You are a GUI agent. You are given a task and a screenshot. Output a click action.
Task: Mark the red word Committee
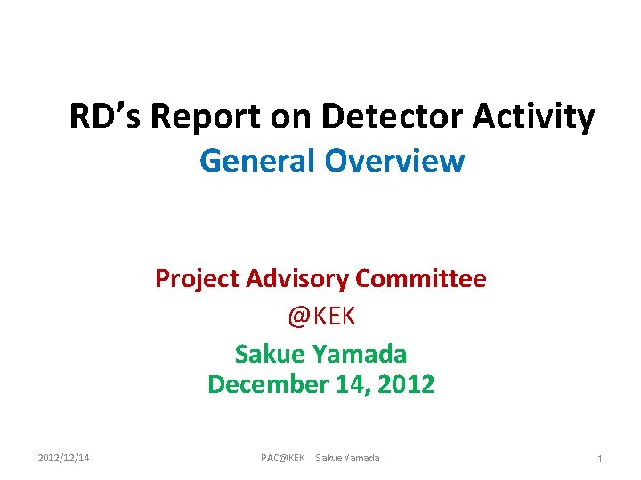point(422,279)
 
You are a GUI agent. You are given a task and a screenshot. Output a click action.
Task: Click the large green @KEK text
point(320,316)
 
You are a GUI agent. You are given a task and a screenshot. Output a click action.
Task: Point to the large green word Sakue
point(269,354)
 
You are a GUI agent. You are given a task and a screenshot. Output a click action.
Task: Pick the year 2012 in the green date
point(405,385)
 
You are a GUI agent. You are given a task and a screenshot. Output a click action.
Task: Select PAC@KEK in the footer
point(282,458)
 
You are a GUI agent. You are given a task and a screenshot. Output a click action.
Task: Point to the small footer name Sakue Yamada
point(347,458)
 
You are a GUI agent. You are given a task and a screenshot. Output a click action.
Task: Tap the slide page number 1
point(599,459)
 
